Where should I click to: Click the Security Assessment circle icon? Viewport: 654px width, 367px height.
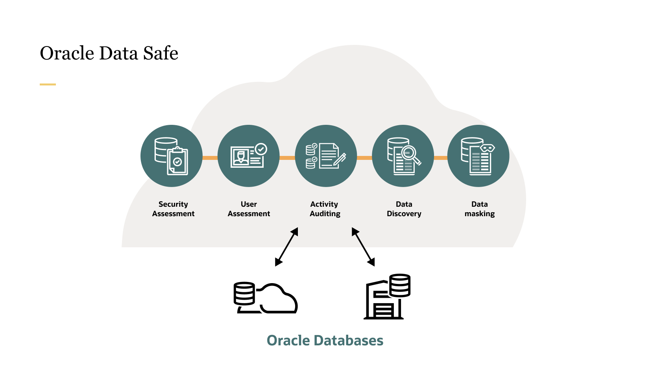point(172,156)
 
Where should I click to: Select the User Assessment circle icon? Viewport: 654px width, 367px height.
point(249,156)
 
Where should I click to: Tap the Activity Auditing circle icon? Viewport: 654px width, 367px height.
point(326,156)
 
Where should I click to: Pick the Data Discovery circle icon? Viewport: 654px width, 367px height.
point(403,156)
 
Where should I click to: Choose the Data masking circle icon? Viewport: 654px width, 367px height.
point(478,156)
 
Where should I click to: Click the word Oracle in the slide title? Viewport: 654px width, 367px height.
point(67,53)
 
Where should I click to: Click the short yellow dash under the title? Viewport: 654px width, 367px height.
point(48,84)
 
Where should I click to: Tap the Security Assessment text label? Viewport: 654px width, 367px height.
point(173,209)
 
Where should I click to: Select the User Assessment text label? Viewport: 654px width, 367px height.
point(249,209)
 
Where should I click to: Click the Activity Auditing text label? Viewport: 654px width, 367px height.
point(325,209)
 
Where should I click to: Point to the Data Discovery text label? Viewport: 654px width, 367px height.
point(404,209)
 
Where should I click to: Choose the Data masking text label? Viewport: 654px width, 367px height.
point(479,209)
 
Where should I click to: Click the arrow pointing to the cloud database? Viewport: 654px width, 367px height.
point(286,247)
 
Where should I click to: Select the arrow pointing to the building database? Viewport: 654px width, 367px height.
point(363,247)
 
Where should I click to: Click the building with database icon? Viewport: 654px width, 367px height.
point(387,297)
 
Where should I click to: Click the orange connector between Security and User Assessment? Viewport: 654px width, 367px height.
point(210,158)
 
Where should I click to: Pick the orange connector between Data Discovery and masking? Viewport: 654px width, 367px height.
point(441,158)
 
